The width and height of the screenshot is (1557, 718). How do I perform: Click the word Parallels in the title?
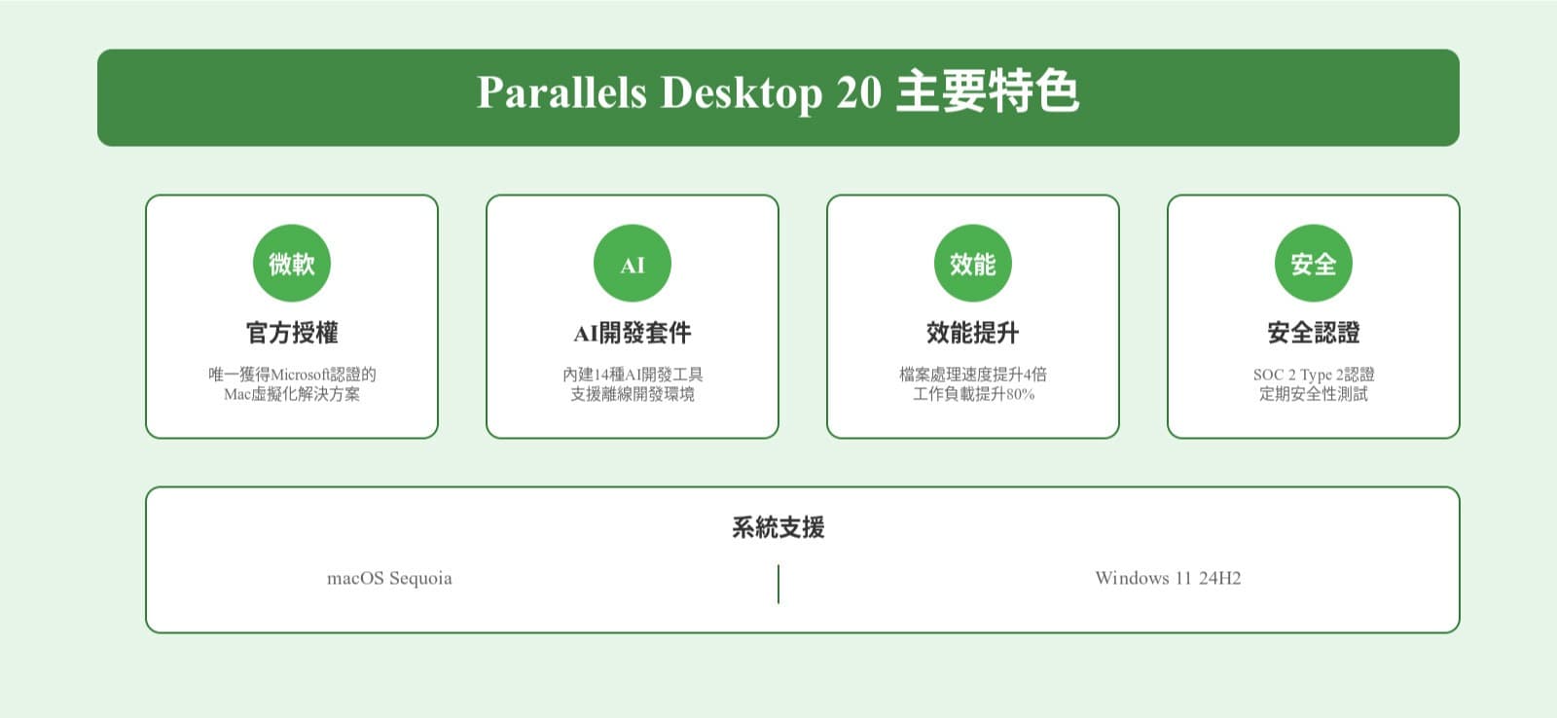[x=561, y=93]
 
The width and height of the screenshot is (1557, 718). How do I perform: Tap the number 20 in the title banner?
[x=858, y=93]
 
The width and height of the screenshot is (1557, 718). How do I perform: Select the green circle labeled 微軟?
[x=292, y=264]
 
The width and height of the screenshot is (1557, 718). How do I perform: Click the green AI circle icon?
[x=633, y=264]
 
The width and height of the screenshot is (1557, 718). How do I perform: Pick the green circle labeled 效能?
[x=973, y=264]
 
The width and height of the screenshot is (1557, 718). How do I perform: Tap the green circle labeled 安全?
[x=1314, y=264]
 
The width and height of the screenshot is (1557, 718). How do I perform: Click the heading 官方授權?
[x=292, y=333]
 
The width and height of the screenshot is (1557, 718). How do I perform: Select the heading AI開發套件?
[x=633, y=333]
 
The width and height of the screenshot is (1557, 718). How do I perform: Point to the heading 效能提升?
[x=973, y=333]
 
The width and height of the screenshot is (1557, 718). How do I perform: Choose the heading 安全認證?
[x=1314, y=333]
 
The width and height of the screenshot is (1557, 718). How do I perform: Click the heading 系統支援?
[x=778, y=527]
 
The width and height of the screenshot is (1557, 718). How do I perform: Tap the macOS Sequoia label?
[x=389, y=578]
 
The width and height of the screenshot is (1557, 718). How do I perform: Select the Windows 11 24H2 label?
[x=1168, y=578]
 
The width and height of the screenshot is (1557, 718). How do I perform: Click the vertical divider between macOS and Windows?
[x=778, y=584]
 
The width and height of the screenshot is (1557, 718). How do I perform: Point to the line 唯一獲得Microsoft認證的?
[x=292, y=375]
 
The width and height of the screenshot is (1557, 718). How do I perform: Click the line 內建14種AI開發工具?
[x=633, y=375]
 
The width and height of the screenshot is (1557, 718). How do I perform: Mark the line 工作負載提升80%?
[x=973, y=394]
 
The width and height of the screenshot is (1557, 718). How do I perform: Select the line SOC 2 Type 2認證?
[x=1314, y=375]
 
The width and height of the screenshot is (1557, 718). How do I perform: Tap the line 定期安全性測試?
[x=1314, y=394]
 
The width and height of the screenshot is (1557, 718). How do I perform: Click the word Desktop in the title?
[x=741, y=93]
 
